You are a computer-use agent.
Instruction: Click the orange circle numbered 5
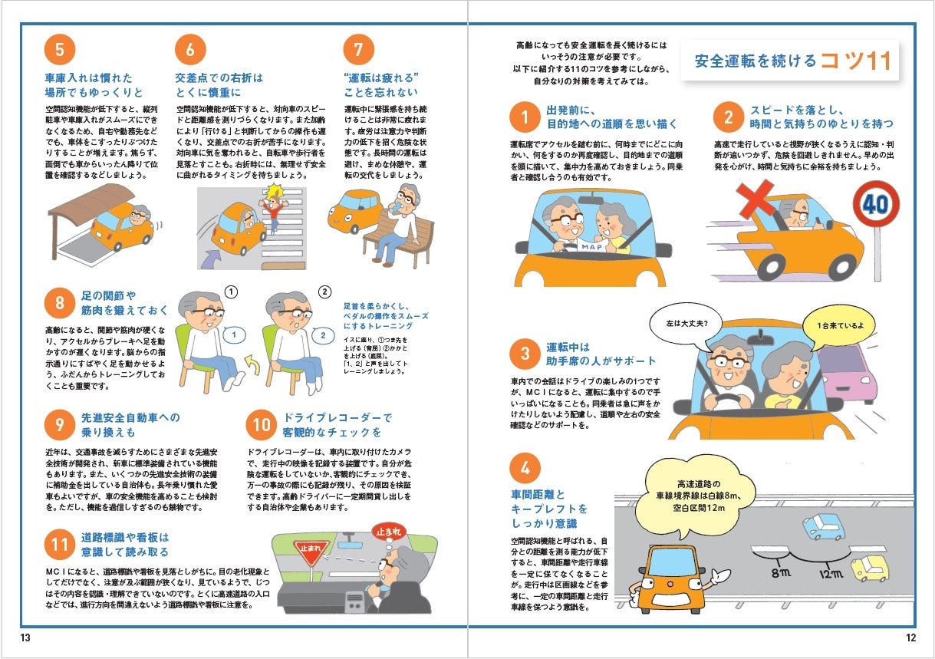(60, 50)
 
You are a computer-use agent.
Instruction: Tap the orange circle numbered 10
(262, 425)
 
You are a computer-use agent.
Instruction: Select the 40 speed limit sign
(876, 204)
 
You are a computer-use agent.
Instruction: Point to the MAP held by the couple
(591, 247)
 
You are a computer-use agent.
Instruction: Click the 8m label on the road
(781, 572)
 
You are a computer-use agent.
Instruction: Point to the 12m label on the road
(831, 574)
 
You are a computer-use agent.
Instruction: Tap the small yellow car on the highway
(870, 567)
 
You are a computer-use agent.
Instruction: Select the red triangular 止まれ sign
(311, 552)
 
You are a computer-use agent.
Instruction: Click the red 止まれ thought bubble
(388, 532)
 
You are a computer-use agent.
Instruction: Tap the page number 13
(25, 638)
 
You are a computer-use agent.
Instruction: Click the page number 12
(910, 638)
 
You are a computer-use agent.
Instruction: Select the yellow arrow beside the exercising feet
(252, 364)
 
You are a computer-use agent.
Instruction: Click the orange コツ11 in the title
(856, 61)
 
